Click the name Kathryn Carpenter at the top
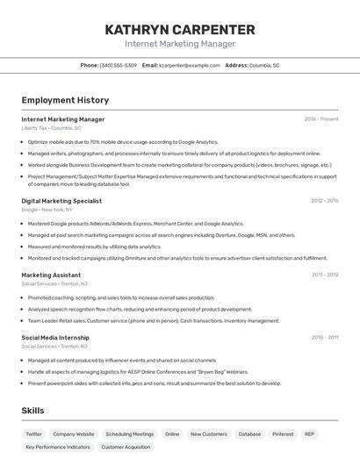[x=180, y=29]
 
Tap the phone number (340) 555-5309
[x=119, y=66]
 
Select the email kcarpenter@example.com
[x=190, y=66]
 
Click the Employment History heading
[x=65, y=101]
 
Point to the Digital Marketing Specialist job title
[x=61, y=201]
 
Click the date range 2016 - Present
[x=321, y=119]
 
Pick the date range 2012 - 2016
[x=324, y=201]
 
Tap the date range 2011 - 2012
[x=325, y=275]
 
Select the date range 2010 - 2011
[x=325, y=337]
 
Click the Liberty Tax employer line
[x=51, y=128]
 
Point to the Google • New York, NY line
[x=47, y=210]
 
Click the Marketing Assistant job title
[x=51, y=275]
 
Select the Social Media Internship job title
[x=55, y=337]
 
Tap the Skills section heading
[x=33, y=411]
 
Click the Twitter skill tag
[x=33, y=434]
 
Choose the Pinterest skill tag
[x=283, y=434]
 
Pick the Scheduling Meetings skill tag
[x=129, y=434]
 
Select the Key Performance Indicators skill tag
[x=58, y=447]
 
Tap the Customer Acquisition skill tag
[x=126, y=447]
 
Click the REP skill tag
[x=310, y=434]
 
